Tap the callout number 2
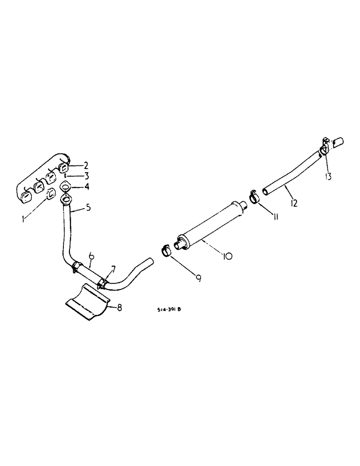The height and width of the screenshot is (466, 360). (x=85, y=165)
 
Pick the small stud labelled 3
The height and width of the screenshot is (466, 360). (x=66, y=177)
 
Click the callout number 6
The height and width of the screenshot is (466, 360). (x=91, y=256)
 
